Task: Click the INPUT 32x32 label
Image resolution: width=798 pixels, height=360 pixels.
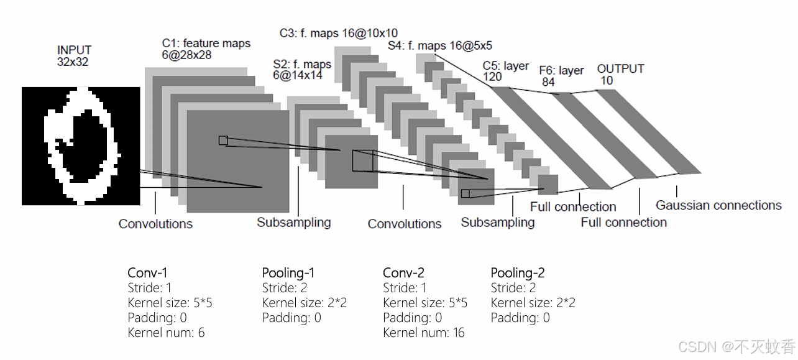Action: pos(74,55)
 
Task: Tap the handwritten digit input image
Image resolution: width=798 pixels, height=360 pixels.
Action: pos(81,145)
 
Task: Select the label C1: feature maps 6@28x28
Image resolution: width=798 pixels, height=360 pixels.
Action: pos(206,49)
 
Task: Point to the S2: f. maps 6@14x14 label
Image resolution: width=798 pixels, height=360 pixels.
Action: pos(302,69)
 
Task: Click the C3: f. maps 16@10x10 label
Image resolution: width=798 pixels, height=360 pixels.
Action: pos(338,33)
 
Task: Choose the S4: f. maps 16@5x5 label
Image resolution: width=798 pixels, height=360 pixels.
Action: pos(440,45)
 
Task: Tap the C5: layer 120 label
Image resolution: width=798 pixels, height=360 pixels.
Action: pos(505,71)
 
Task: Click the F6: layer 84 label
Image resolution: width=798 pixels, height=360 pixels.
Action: pos(561,76)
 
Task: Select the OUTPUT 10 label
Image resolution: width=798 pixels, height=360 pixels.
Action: pos(620,74)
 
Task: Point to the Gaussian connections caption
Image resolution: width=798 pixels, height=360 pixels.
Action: pos(718,205)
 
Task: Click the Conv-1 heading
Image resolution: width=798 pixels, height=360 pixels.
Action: pos(147,272)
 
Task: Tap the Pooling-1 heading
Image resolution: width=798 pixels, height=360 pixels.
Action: pos(288,272)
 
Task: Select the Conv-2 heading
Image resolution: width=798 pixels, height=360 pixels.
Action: pos(404,272)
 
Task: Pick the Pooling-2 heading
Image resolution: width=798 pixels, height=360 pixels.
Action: pos(518,272)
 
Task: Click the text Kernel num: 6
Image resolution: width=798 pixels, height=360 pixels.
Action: pos(166,333)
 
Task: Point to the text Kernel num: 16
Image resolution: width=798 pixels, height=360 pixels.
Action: pos(424,333)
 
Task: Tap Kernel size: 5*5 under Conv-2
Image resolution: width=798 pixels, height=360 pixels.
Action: pos(425,303)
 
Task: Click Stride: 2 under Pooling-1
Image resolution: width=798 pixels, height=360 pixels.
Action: pos(285,288)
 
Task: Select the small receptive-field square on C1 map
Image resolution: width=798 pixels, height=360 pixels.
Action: pos(223,141)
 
